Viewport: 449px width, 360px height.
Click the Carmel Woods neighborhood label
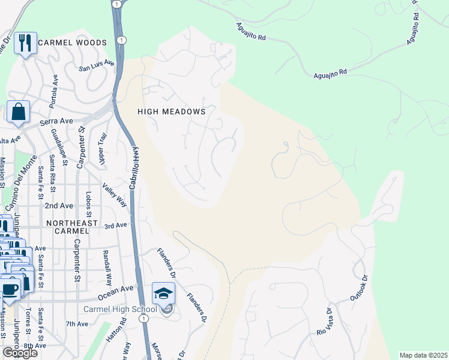72,43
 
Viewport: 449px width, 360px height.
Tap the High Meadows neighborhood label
172,112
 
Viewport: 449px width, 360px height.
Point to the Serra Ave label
56,121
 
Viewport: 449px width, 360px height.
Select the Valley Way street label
115,196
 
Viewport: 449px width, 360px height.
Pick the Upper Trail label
102,150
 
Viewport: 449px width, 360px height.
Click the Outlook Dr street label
358,289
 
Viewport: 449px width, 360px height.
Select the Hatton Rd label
124,331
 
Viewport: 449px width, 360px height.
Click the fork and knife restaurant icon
25,43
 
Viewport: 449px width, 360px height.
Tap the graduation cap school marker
163,293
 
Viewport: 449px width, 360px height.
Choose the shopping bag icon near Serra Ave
18,112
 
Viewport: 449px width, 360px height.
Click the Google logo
20,353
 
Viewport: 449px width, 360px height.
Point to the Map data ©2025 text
423,355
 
